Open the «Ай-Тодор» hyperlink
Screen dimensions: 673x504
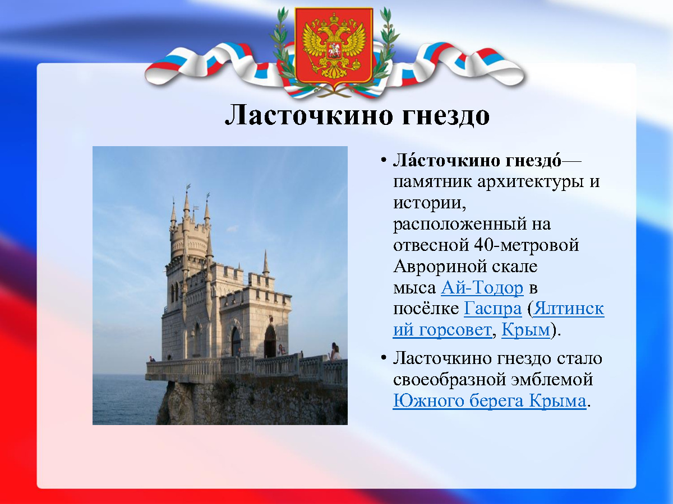pos(482,288)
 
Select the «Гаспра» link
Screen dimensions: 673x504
pos(492,309)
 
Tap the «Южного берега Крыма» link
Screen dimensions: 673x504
pos(490,400)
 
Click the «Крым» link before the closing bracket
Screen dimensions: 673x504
pos(526,330)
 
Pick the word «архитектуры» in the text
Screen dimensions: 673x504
pos(530,182)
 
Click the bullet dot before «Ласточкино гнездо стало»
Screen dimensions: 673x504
pos(383,357)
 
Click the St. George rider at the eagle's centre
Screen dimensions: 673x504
pos(334,50)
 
